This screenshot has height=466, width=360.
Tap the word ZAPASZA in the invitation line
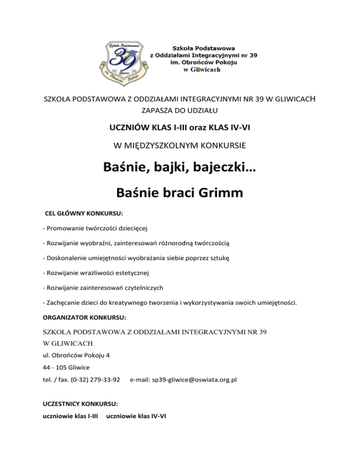[x=156, y=111]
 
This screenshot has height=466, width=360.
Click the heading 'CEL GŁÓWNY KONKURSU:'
[x=83, y=213]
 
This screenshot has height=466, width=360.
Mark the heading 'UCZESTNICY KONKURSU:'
[x=73, y=403]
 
